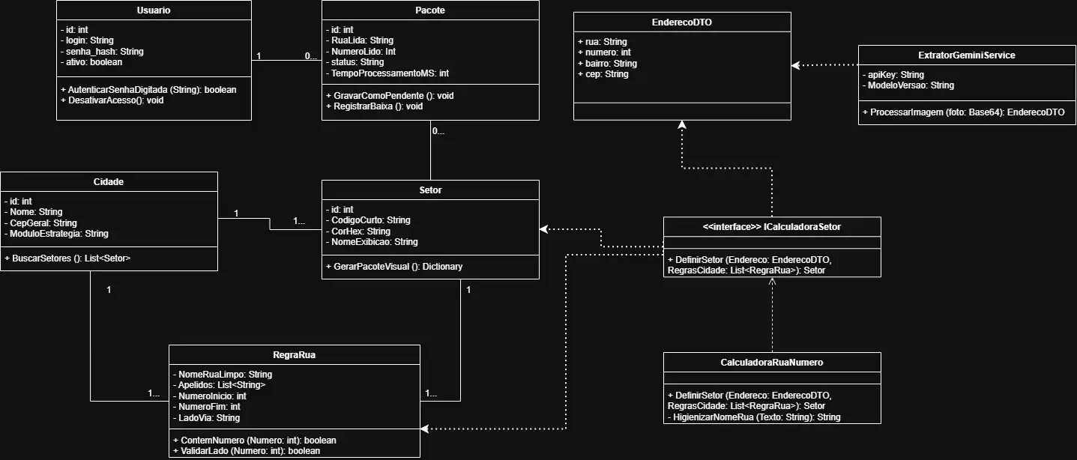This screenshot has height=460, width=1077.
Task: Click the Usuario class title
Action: (x=154, y=10)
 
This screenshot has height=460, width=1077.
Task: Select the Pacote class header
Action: (x=430, y=10)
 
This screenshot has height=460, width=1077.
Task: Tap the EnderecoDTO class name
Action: (x=682, y=22)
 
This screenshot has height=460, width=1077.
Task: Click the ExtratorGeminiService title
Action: (x=966, y=55)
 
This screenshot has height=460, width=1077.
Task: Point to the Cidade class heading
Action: (x=108, y=182)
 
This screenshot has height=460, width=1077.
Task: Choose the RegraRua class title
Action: (x=294, y=354)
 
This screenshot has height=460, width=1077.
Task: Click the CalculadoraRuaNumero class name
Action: (x=772, y=363)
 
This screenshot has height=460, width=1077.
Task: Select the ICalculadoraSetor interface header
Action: (x=772, y=227)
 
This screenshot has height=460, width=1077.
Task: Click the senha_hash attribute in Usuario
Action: (x=102, y=52)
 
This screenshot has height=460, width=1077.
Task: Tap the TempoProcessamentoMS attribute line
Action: (x=387, y=73)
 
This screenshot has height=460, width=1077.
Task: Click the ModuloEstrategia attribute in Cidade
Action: (x=56, y=234)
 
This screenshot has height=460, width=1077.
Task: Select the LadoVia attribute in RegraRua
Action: (x=206, y=418)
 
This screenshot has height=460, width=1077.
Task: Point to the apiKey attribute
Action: (x=893, y=74)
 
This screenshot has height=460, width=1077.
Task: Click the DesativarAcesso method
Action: (x=112, y=100)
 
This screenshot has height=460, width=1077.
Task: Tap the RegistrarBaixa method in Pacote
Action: (x=374, y=106)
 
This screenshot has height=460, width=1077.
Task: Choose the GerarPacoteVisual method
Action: (x=393, y=266)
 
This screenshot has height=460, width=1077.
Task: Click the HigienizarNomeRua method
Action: (x=754, y=417)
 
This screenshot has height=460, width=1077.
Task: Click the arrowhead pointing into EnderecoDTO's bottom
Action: (x=682, y=124)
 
